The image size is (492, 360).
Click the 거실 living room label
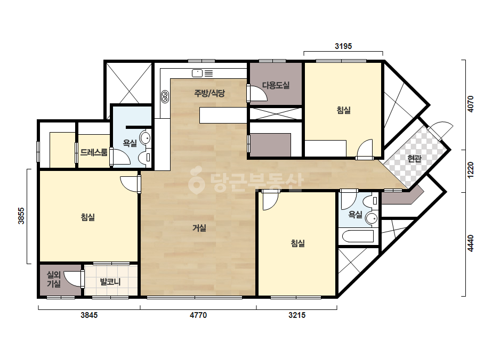199,228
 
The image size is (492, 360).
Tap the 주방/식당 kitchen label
209,93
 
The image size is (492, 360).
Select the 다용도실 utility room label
276,85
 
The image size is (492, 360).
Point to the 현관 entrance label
414,159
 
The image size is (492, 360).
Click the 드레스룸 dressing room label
94,152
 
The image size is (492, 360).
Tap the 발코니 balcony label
110,282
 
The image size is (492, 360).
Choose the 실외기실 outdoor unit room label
54,280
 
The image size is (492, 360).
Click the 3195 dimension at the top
343,46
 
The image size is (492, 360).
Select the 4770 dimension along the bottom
198,315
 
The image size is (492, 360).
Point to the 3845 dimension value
89,315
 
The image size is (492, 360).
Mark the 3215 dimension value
297,315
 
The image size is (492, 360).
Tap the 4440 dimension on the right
470,243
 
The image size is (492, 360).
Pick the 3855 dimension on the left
21,216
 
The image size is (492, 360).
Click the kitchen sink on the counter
197,73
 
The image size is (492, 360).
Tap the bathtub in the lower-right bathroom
358,236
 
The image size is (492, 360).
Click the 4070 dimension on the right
470,104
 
